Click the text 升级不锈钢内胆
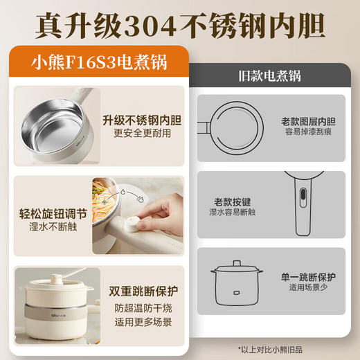141,119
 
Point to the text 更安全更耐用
141,133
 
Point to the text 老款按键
232,202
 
